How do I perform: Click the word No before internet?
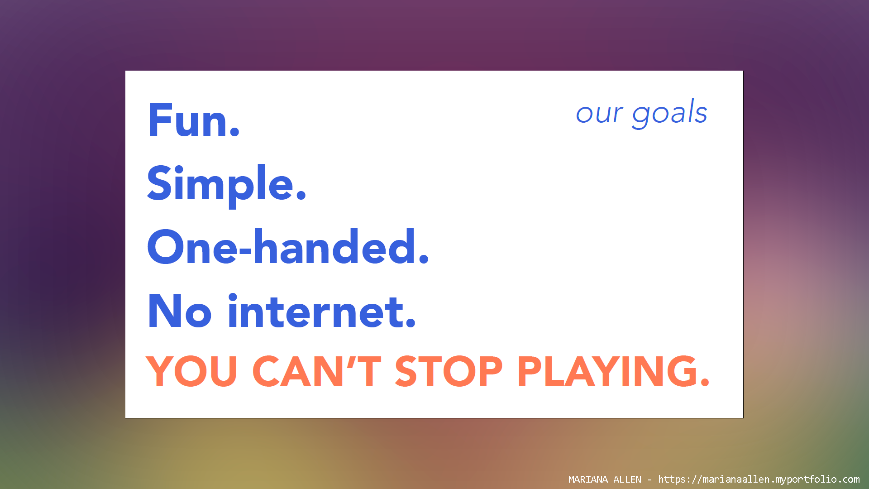pos(180,311)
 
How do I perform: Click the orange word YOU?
pos(191,371)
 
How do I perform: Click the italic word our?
pos(599,114)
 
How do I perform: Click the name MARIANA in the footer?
pos(588,479)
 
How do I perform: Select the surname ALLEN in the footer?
pos(627,479)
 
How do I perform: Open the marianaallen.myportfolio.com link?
pos(759,479)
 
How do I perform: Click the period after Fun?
pos(234,132)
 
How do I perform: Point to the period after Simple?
pos(301,196)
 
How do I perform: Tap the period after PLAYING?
pos(704,383)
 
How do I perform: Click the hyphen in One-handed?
pos(245,253)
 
